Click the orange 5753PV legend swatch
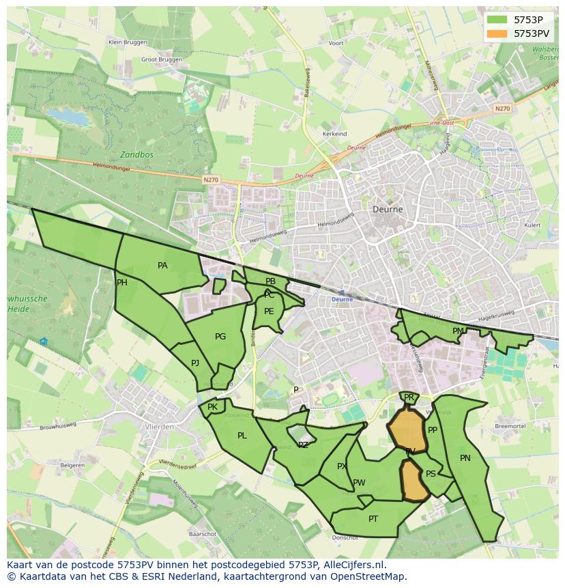tap(497, 33)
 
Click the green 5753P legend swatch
tap(497, 20)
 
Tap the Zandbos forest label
tap(136, 154)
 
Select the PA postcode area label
tap(162, 266)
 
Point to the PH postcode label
tap(122, 283)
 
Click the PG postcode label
tap(220, 337)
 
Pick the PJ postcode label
tap(195, 363)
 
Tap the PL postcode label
tap(242, 436)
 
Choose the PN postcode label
tap(465, 458)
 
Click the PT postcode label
tap(373, 519)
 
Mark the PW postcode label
tap(359, 483)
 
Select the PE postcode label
tap(269, 311)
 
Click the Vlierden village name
tap(159, 426)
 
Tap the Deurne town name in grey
tap(388, 210)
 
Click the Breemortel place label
tap(510, 425)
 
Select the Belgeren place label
tap(72, 466)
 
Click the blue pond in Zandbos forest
tap(68, 117)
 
